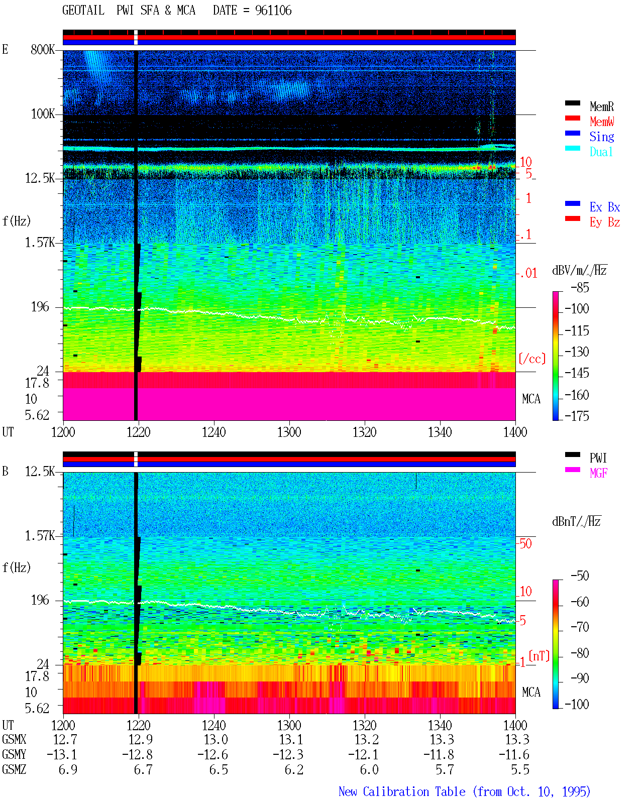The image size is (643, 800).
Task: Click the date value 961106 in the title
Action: coord(273,11)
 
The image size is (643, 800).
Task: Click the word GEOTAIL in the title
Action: coord(83,11)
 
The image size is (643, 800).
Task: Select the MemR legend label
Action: coord(601,106)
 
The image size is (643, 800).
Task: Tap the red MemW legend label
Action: coord(601,122)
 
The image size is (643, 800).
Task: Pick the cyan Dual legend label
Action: coord(601,152)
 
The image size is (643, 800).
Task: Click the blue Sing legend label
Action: coord(601,137)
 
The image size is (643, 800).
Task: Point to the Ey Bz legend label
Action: coord(604,222)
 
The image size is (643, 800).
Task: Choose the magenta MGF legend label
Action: coord(598,473)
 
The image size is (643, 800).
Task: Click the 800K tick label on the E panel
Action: coord(43,49)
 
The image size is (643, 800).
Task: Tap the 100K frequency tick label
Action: coord(43,114)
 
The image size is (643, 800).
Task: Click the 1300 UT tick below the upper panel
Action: coord(289,432)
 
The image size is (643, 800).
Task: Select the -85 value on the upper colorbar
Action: coord(580,287)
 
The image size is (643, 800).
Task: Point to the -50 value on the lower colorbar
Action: coord(580,576)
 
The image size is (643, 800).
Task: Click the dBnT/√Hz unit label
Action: coord(577,521)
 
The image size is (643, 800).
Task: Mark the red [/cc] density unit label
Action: coord(532,359)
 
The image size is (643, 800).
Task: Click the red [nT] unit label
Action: coord(539,656)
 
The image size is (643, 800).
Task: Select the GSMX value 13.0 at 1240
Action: coord(216,739)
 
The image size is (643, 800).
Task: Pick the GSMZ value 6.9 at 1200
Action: coord(68,769)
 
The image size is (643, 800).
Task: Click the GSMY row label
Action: coord(14,754)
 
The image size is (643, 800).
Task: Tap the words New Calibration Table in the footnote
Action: coord(402,791)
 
